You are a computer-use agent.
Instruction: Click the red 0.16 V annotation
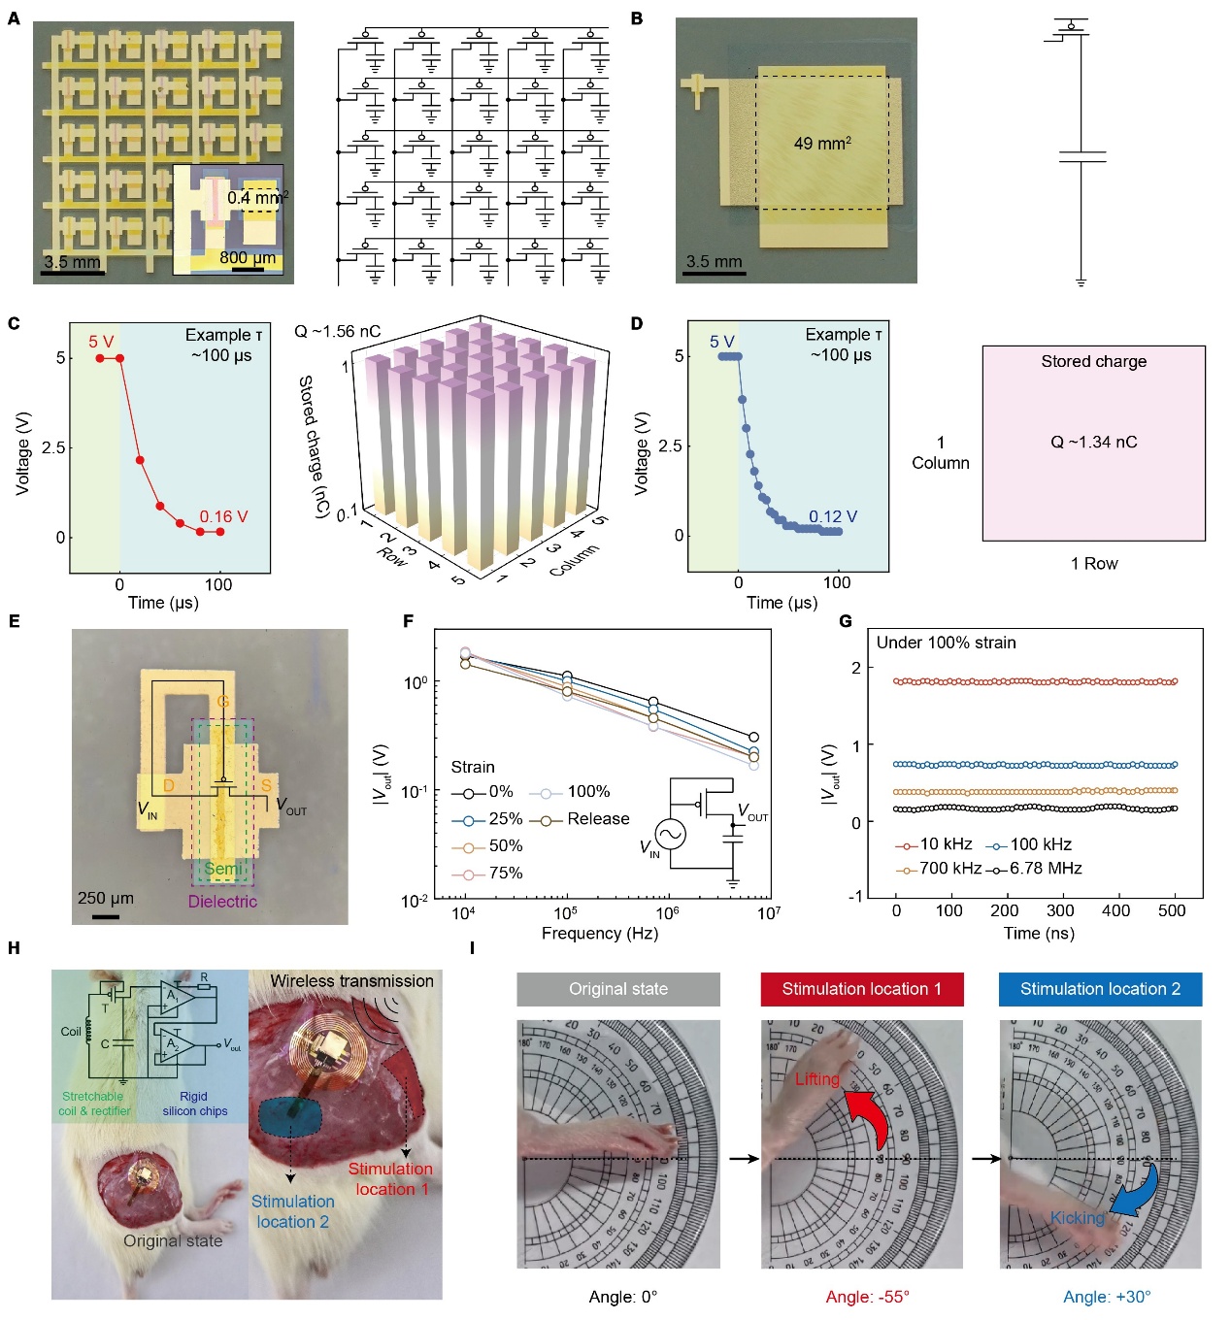[223, 516]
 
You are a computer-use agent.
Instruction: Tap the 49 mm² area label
[822, 144]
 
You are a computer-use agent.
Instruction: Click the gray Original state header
[618, 989]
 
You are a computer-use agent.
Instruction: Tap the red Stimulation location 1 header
[861, 989]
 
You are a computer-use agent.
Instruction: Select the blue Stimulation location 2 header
[1100, 989]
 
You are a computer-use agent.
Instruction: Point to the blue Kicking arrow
[1136, 1190]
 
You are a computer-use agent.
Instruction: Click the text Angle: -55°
[867, 1297]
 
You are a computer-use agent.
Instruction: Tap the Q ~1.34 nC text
[1093, 443]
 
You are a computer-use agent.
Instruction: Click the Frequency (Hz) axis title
[599, 934]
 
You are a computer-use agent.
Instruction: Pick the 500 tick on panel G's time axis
[1172, 910]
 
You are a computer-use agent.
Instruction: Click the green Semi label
[222, 869]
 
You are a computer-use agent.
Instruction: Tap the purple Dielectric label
[222, 902]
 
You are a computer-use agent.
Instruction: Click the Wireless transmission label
[351, 981]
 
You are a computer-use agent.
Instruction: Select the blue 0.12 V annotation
[833, 516]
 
